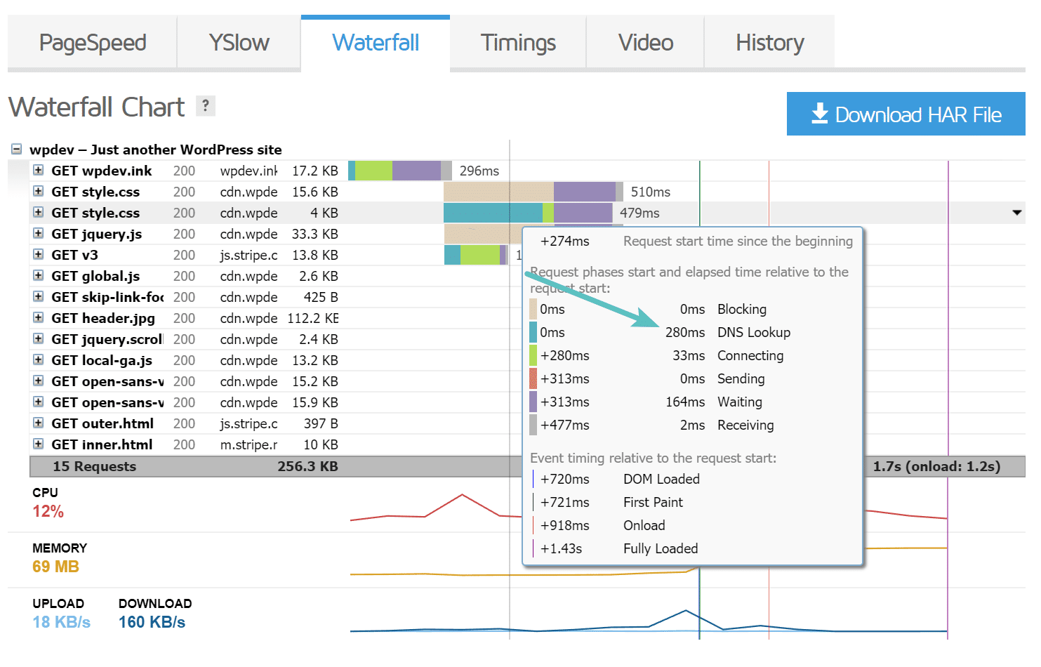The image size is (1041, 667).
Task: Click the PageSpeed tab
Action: tap(93, 43)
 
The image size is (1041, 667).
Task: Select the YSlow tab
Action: tap(239, 43)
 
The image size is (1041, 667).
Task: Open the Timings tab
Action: tap(518, 43)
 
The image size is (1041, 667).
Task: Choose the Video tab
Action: tap(646, 43)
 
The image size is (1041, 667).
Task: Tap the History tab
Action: tap(769, 43)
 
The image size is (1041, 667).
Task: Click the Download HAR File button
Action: tap(906, 114)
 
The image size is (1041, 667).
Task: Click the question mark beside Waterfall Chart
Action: tap(205, 105)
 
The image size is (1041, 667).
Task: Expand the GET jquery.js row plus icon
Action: tap(39, 233)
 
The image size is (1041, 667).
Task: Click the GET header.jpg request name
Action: tap(102, 318)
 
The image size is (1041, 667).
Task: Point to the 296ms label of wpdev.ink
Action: tap(479, 171)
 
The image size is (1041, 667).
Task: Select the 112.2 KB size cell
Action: tap(312, 318)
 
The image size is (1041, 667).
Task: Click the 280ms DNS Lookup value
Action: tap(685, 332)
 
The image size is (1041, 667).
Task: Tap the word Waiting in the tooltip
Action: tap(739, 402)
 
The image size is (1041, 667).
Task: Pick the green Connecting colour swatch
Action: tap(533, 355)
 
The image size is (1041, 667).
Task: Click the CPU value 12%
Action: tap(48, 511)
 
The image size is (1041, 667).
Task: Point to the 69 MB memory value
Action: tap(55, 567)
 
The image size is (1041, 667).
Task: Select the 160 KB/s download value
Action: tap(152, 622)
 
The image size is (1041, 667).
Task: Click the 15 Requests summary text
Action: tap(94, 466)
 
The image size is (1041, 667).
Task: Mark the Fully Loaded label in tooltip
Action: tap(660, 548)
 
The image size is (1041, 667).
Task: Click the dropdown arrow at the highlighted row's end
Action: tap(1016, 212)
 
